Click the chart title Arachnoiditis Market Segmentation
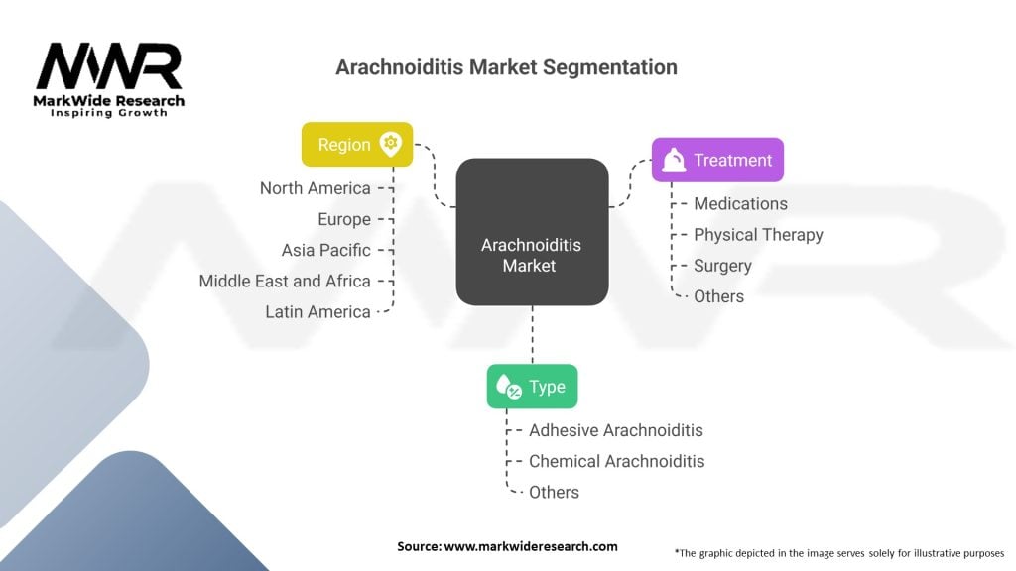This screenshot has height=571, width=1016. point(506,67)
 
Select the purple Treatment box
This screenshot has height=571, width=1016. point(717,160)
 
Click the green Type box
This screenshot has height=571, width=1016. point(532,387)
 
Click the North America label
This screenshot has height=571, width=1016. point(316,188)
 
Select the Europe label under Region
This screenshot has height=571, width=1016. point(344,219)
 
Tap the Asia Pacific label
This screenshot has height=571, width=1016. point(325,250)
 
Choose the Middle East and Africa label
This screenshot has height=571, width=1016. point(285,281)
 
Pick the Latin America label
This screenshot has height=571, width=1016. point(317,311)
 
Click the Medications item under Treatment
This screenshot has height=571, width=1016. point(740,203)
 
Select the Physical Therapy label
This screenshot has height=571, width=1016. point(758,235)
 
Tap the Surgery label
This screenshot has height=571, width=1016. point(722,266)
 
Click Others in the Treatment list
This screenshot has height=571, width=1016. point(718,296)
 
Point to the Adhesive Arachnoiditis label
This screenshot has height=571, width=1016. point(615,430)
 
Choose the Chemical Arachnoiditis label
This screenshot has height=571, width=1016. point(616,461)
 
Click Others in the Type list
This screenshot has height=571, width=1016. point(554,492)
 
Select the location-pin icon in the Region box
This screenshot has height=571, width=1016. point(390,144)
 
